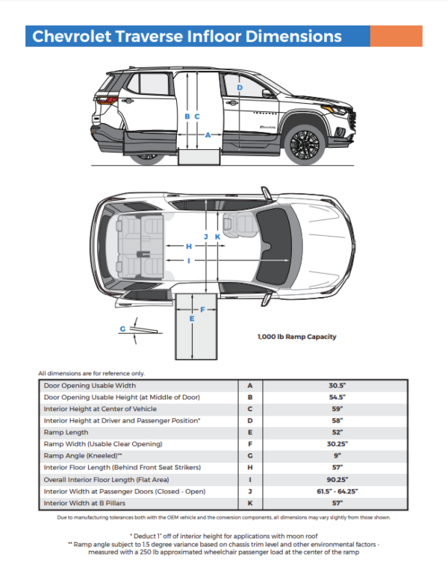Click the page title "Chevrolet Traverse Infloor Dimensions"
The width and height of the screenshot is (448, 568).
[x=183, y=37]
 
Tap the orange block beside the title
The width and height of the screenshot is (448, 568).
[x=396, y=37]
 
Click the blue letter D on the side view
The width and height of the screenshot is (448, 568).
[x=240, y=87]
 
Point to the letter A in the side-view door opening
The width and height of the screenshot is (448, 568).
[x=208, y=135]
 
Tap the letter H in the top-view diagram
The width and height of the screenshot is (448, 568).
[x=189, y=246]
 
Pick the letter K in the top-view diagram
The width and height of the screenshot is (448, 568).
[x=217, y=236]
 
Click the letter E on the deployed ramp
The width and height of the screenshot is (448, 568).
[x=192, y=319]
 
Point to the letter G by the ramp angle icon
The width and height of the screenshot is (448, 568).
[x=122, y=328]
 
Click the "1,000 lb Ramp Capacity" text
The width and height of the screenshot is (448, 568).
[x=296, y=337]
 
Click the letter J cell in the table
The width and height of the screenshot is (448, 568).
[x=249, y=493]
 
